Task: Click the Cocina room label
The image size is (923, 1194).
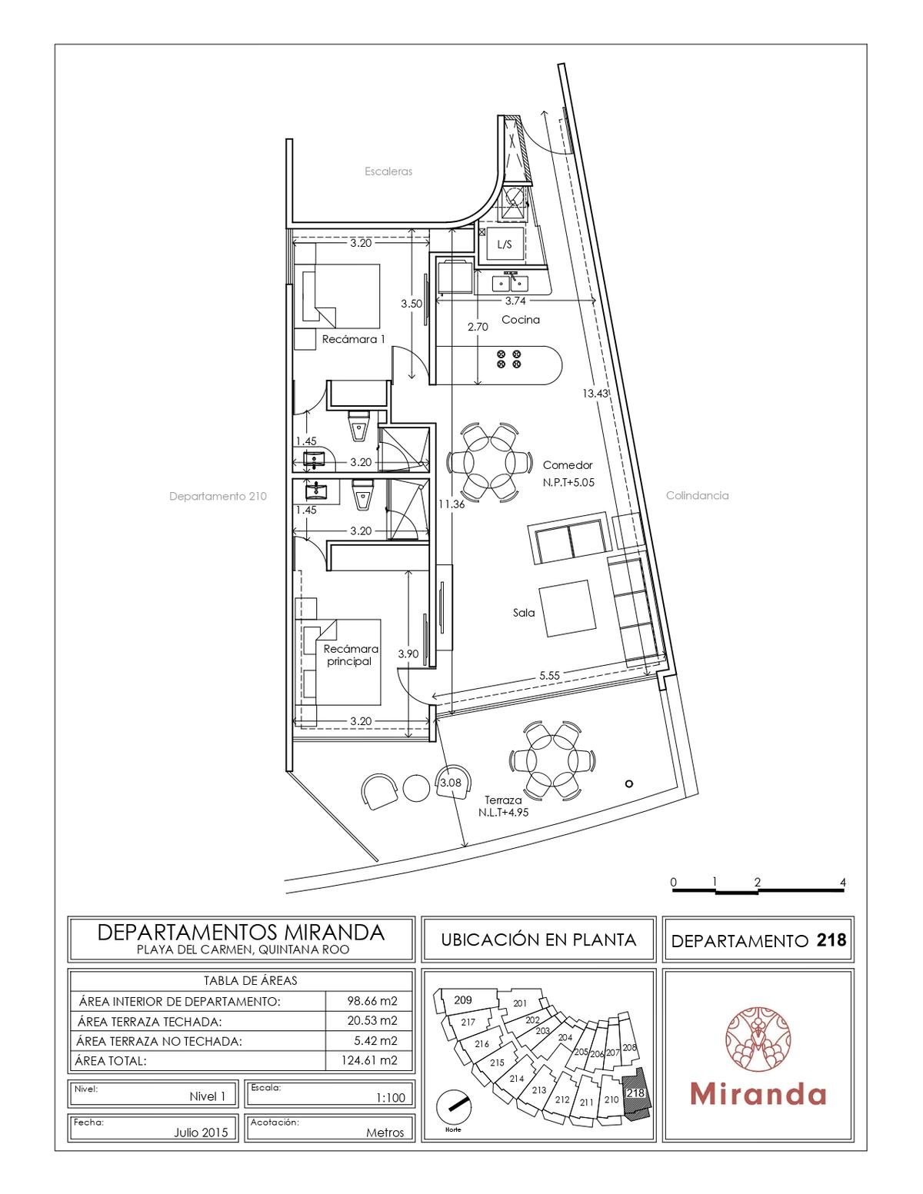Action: (520, 320)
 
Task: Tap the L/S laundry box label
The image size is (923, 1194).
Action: (504, 244)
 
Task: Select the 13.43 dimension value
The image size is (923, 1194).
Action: (595, 394)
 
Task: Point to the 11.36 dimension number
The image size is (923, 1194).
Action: (452, 504)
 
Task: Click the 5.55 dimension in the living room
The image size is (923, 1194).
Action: (549, 676)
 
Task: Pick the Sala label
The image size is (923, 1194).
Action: (523, 613)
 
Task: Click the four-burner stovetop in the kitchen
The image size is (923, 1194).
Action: (508, 359)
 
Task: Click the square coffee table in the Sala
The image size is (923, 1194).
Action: (568, 608)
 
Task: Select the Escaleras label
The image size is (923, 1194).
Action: (388, 171)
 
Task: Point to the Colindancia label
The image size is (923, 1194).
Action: (697, 496)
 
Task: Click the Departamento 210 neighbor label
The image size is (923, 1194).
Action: (218, 497)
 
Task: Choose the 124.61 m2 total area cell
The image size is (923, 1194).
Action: (369, 1060)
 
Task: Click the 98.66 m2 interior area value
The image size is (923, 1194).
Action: (372, 1000)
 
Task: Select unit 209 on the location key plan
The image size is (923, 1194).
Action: (462, 999)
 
